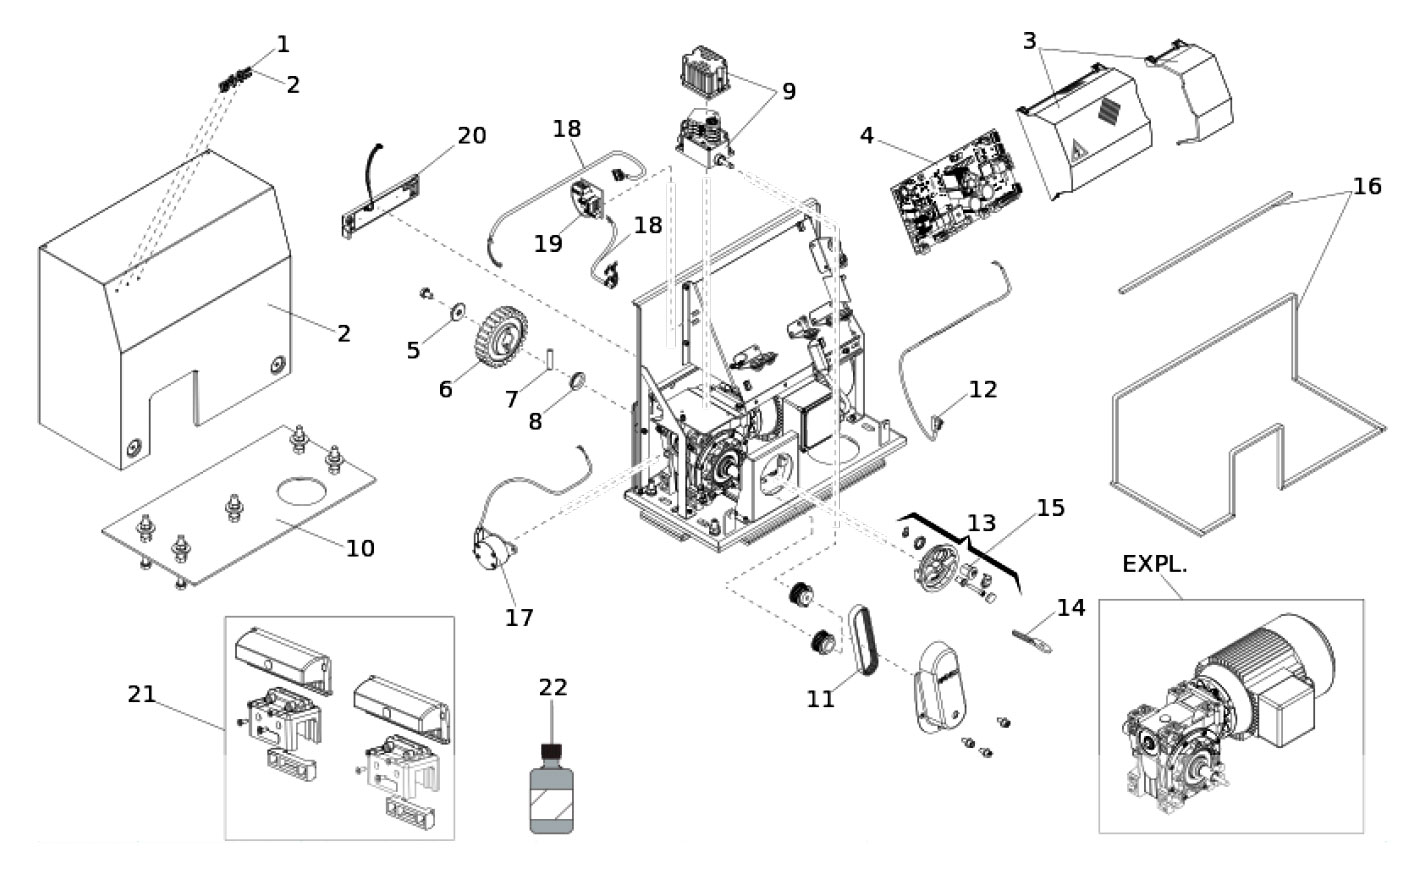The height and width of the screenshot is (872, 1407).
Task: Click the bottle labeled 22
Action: point(551,795)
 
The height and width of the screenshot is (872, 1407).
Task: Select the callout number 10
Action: point(360,548)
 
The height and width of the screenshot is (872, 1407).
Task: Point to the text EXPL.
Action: point(1154,564)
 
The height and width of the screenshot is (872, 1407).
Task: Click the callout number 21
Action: point(142,692)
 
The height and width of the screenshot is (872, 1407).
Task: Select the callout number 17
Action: point(519,617)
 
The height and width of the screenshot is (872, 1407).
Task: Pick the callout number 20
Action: point(471,135)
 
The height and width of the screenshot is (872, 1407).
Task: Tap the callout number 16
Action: point(1367,186)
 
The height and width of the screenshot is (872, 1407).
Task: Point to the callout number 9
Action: point(789,91)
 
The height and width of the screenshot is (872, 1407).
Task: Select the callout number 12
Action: point(983,389)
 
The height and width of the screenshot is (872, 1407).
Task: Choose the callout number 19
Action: point(547,243)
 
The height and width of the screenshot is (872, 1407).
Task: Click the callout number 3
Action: point(1030,41)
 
